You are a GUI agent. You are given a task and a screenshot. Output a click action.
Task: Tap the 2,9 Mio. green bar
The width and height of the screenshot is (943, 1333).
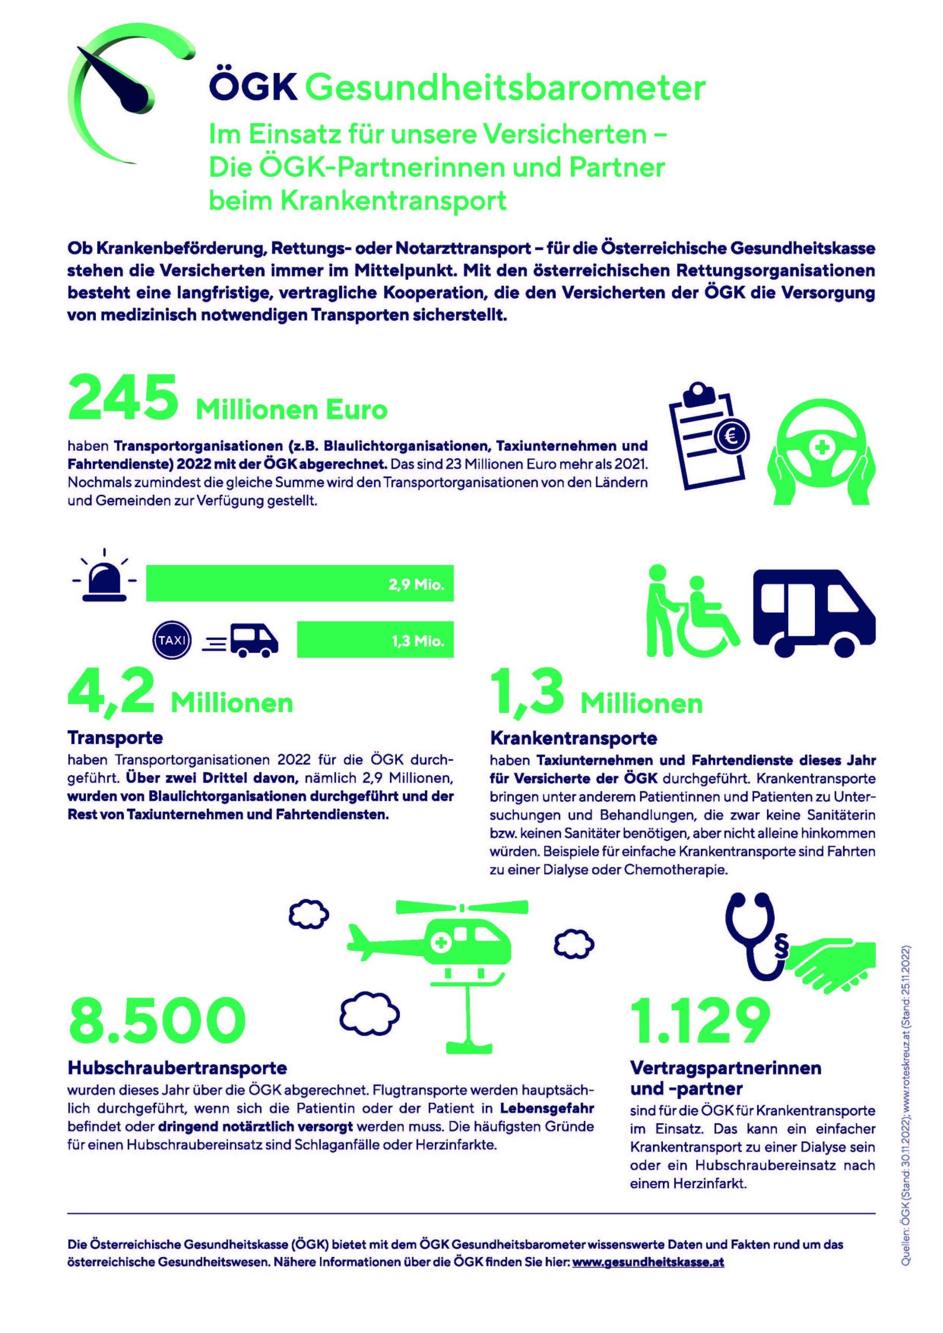pyautogui.click(x=299, y=584)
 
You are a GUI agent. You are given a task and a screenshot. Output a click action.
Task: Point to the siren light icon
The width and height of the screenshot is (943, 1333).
pyautogui.click(x=105, y=577)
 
